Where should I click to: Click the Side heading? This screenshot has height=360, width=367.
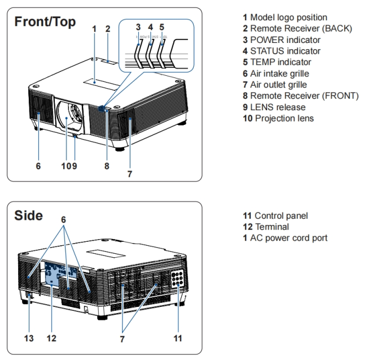click(28, 215)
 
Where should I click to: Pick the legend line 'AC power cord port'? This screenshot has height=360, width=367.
click(285, 238)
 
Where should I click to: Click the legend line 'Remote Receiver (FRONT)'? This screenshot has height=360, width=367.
click(300, 96)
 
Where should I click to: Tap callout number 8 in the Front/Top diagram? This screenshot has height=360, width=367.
click(106, 166)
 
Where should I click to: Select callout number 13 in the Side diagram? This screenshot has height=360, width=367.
click(28, 339)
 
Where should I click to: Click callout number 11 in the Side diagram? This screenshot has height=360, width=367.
click(178, 339)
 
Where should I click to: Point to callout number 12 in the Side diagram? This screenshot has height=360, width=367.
click(51, 339)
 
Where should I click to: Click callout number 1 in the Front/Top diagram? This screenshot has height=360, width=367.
click(94, 28)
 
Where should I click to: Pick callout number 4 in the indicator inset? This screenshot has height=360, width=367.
click(150, 27)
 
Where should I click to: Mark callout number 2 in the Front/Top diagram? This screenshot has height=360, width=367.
click(108, 28)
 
